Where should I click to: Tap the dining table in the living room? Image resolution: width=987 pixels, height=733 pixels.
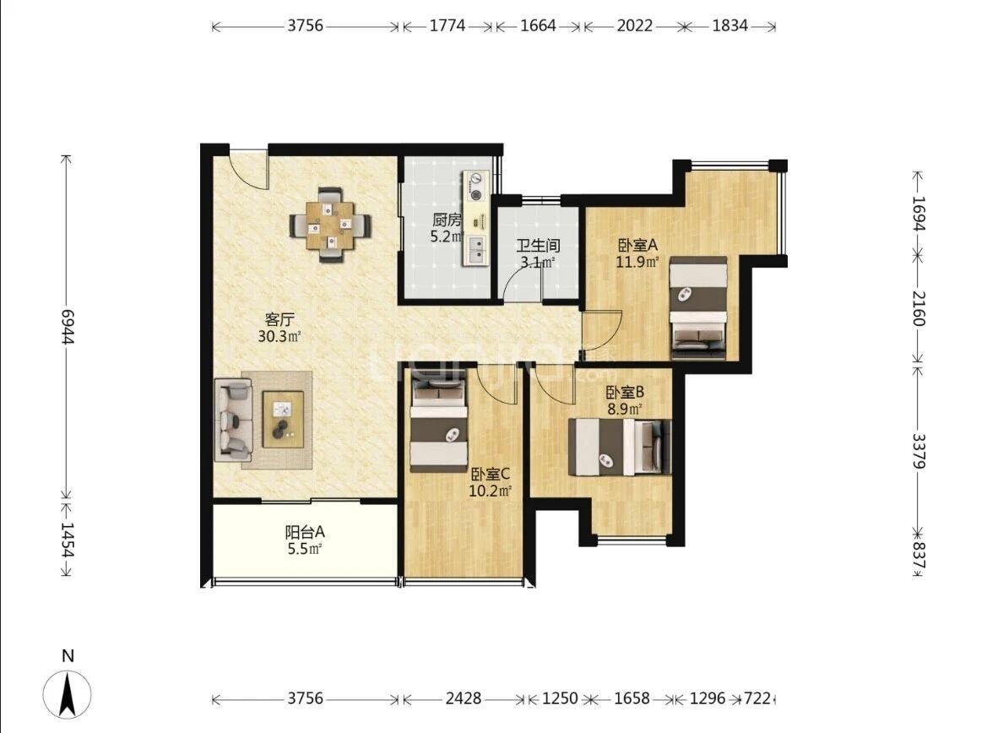(330, 225)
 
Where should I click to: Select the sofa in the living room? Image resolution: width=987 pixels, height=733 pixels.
(233, 419)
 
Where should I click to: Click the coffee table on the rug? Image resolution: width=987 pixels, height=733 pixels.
(283, 419)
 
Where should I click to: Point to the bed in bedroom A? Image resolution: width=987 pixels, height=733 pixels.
(698, 307)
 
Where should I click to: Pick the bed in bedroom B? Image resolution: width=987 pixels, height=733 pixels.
(620, 447)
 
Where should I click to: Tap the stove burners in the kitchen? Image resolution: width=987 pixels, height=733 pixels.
(476, 187)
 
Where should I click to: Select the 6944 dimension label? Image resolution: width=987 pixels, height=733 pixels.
(68, 325)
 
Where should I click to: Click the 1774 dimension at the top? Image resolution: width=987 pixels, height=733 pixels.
(447, 26)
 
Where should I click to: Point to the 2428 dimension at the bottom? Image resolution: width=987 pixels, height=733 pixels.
(464, 698)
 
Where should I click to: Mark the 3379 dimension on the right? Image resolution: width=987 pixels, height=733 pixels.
(919, 450)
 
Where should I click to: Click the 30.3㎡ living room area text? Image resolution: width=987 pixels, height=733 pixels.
(279, 336)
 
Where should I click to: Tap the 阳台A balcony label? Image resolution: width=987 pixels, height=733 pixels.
(306, 532)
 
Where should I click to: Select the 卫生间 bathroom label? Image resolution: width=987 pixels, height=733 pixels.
(538, 246)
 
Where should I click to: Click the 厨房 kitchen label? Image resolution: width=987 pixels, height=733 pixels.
(447, 220)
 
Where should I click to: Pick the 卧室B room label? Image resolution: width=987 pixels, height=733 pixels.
(625, 393)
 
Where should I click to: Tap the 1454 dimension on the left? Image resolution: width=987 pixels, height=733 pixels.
(68, 540)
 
